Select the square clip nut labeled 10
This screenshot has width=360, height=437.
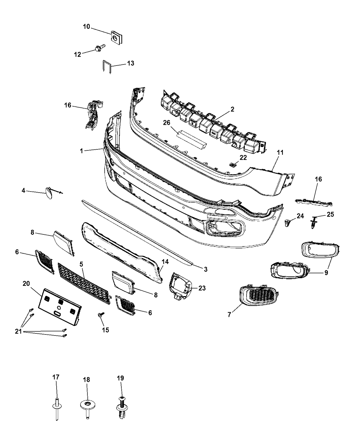coord(117,38)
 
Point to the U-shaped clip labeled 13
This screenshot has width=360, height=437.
coord(106,66)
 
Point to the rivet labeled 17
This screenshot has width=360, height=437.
coord(56,406)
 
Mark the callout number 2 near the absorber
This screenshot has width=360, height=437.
coord(232,109)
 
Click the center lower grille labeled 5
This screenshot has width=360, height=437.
coord(84,282)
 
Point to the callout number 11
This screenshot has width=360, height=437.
coord(280,153)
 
